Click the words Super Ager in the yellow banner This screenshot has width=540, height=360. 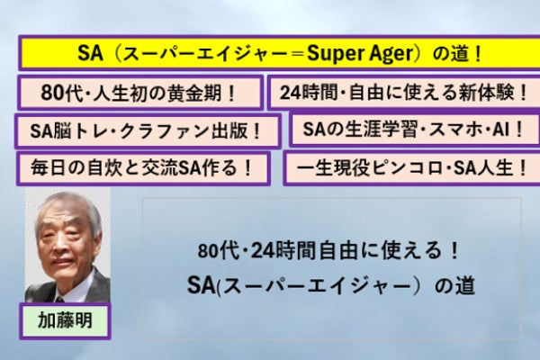click(359, 53)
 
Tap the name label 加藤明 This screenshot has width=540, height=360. click(65, 321)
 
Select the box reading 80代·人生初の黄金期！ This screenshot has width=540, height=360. click(140, 93)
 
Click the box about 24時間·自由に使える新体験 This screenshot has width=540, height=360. click(404, 93)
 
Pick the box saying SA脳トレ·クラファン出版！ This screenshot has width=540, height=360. click(148, 131)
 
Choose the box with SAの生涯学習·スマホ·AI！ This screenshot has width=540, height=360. click(415, 130)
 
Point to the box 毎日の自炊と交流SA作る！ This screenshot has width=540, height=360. click(143, 168)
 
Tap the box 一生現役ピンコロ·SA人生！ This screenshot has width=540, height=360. click(412, 168)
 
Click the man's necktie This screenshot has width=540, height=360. click(60, 299)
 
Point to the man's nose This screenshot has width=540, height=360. click(59, 246)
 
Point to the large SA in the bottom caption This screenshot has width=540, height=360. click(201, 285)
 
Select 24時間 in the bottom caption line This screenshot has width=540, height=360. click(283, 250)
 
